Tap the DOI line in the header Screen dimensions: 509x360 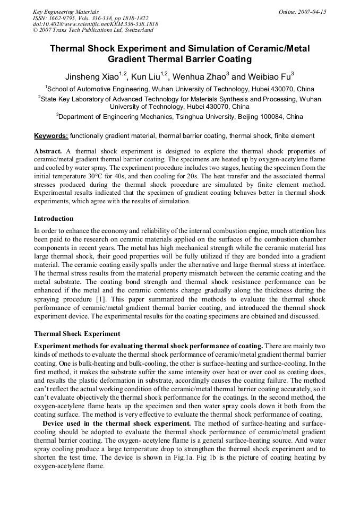click(x=95, y=24)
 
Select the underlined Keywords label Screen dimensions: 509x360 click(x=51, y=136)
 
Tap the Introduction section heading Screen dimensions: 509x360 click(x=54, y=218)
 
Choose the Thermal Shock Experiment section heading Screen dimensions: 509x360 click(x=77, y=334)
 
